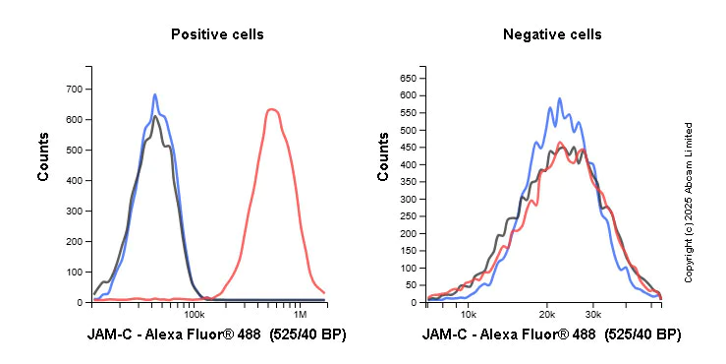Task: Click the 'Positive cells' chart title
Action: pyautogui.click(x=217, y=34)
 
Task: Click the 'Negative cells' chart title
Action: pyautogui.click(x=552, y=34)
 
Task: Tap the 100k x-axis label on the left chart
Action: pyautogui.click(x=194, y=315)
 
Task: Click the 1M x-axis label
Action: pyautogui.click(x=302, y=315)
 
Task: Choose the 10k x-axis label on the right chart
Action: pyautogui.click(x=469, y=315)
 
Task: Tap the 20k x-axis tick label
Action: pyautogui.click(x=547, y=315)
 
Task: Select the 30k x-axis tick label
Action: pyautogui.click(x=592, y=315)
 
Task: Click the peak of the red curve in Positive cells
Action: pyautogui.click(x=272, y=109)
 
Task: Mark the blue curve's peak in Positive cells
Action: pyautogui.click(x=155, y=95)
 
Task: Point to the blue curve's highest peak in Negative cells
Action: pyautogui.click(x=559, y=98)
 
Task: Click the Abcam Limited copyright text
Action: pyautogui.click(x=689, y=202)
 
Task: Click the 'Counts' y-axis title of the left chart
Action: pyautogui.click(x=43, y=156)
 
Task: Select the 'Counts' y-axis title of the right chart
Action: pyautogui.click(x=383, y=156)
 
